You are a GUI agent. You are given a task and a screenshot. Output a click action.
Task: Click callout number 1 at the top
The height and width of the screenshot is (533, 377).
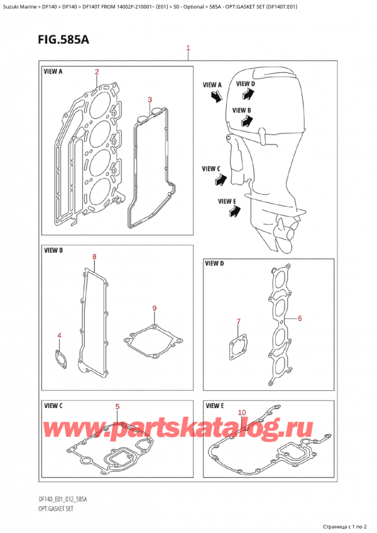[188, 48]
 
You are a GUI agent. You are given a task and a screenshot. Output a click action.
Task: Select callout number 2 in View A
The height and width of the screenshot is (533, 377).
[97, 72]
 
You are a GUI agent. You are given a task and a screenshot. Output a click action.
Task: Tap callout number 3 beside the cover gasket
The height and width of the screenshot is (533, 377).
[150, 99]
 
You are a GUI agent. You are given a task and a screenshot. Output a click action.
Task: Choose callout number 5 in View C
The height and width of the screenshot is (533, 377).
[117, 407]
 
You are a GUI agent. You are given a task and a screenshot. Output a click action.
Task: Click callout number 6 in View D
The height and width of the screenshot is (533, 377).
[300, 319]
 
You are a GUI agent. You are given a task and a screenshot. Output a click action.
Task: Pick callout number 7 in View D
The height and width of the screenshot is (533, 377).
[238, 322]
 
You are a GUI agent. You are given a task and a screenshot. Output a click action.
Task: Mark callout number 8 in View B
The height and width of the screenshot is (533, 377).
[94, 256]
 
